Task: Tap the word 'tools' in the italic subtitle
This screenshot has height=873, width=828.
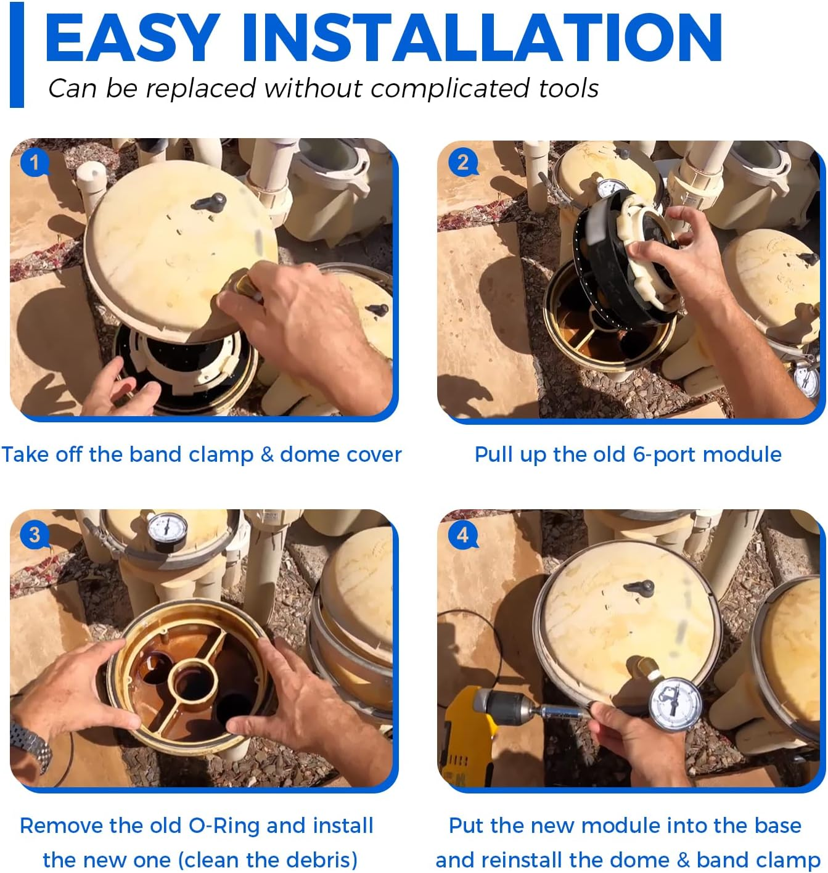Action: click(x=568, y=88)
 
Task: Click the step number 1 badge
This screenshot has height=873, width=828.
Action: click(x=34, y=163)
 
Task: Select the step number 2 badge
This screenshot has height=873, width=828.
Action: click(x=462, y=163)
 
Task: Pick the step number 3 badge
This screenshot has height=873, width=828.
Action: click(x=34, y=535)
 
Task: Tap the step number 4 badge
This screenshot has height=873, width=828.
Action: click(x=462, y=535)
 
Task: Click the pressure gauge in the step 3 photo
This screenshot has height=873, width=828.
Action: click(x=167, y=531)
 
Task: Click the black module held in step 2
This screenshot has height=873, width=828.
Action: click(x=622, y=262)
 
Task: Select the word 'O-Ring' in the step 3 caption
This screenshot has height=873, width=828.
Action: click(x=224, y=826)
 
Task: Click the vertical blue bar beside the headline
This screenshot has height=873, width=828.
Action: click(x=17, y=55)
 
